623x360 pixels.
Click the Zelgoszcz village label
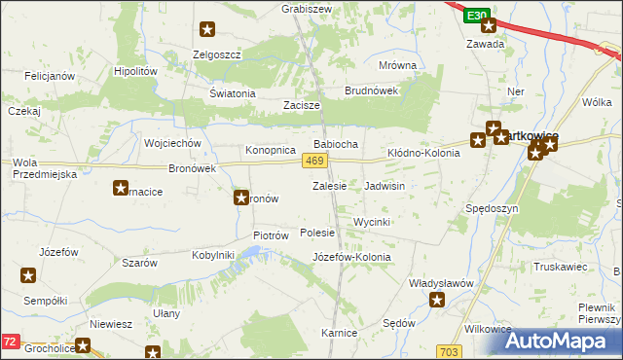coord(217,54)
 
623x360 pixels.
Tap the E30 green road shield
coord(475,17)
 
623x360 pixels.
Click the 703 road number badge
coord(449,351)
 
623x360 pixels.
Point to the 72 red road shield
coord(10,342)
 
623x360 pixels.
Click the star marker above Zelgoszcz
coord(207,31)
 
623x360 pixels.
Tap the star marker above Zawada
coord(488,26)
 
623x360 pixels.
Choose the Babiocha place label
coord(336,144)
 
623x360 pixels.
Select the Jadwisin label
coord(385,185)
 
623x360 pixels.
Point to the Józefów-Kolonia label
coord(351,257)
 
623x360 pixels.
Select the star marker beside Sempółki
coord(26,276)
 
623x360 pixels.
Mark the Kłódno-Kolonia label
coord(423,153)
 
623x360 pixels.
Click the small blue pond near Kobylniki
coord(252,254)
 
